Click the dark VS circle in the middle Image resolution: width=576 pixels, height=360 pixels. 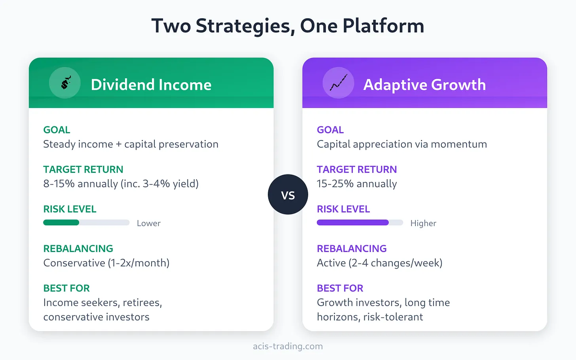(288, 195)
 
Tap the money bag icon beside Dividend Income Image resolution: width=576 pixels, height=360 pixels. (65, 83)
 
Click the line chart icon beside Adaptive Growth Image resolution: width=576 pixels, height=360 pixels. (338, 83)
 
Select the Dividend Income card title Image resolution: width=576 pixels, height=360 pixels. (151, 85)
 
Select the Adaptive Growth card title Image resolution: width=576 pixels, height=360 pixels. (424, 85)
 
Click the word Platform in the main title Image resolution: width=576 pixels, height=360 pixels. (383, 26)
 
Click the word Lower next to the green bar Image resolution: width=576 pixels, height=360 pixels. (149, 223)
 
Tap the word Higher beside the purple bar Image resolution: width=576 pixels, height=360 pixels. (423, 223)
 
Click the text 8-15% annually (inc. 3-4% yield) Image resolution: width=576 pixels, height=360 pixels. (121, 184)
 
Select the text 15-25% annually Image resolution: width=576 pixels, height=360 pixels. (357, 184)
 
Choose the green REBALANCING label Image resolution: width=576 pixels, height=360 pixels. (78, 248)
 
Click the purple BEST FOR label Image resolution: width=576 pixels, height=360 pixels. (340, 288)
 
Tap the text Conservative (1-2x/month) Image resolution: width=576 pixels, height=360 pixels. (106, 263)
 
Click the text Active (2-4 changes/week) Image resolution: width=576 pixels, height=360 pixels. (379, 263)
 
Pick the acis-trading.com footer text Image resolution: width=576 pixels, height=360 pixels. (288, 346)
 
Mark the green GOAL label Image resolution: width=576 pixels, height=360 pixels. (57, 130)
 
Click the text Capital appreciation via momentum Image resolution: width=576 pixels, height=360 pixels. (402, 144)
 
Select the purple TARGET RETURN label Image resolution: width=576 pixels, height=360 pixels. (356, 169)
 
